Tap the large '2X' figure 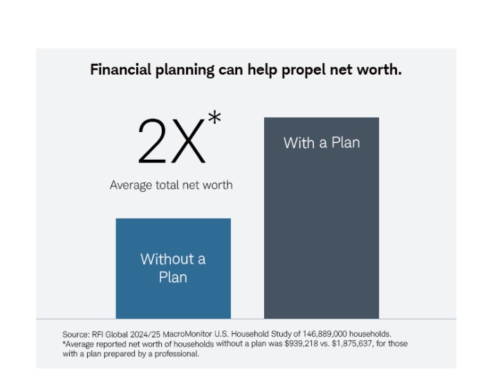172,141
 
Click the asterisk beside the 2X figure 214,119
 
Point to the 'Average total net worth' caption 171,185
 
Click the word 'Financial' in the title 120,70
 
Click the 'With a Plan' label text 321,143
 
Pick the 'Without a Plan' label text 173,268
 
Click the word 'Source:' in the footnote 75,333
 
